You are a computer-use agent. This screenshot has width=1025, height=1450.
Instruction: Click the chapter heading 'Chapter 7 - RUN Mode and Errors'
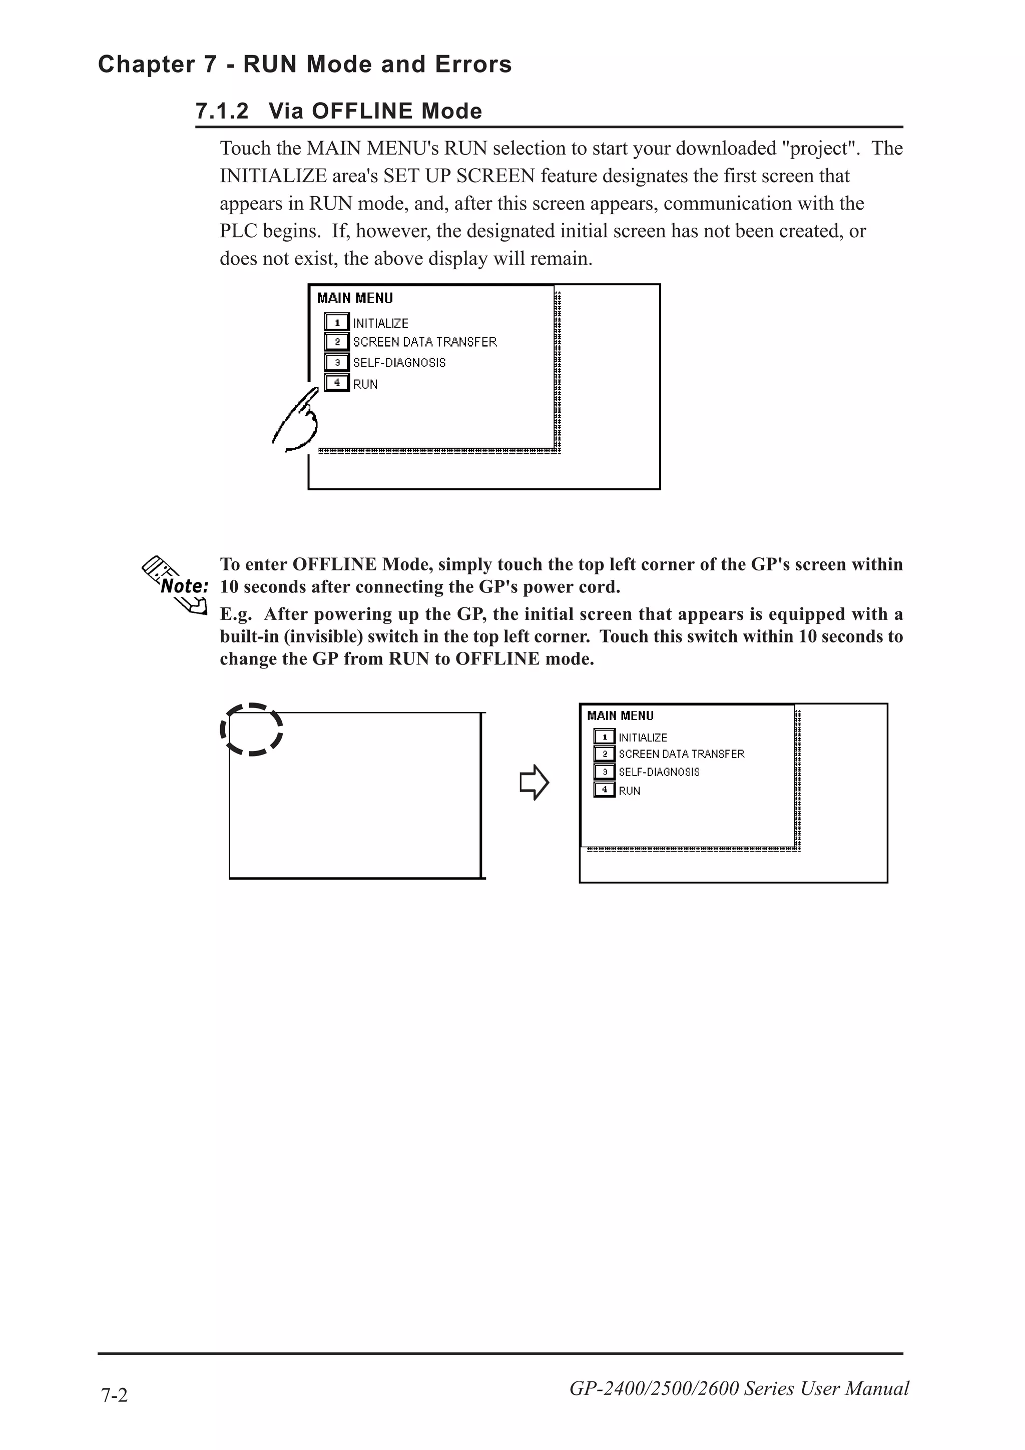[x=304, y=65]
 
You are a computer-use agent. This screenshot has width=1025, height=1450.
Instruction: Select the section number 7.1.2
[x=222, y=111]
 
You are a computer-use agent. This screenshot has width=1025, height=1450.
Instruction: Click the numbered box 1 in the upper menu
[x=337, y=322]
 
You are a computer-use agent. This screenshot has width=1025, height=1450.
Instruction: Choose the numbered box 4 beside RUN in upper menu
[x=337, y=383]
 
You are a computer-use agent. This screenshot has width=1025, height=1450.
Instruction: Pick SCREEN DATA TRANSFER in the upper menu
[x=424, y=342]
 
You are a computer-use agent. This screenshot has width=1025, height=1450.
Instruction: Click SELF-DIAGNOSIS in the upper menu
[x=399, y=362]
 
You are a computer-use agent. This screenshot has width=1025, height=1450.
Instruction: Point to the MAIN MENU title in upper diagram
[x=355, y=298]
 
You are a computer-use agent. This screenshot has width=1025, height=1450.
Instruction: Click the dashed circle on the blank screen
[x=251, y=730]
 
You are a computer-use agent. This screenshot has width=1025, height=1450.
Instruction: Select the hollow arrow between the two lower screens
[x=534, y=783]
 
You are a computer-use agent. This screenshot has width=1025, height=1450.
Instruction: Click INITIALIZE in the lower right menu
[x=642, y=738]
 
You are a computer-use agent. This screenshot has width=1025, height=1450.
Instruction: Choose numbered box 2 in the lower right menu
[x=605, y=754]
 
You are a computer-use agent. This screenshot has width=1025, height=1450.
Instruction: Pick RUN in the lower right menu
[x=629, y=791]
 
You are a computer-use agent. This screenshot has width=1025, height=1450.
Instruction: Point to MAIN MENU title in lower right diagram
[x=620, y=715]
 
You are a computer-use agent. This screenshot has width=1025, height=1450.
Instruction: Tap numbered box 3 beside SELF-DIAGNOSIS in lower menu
[x=605, y=772]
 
